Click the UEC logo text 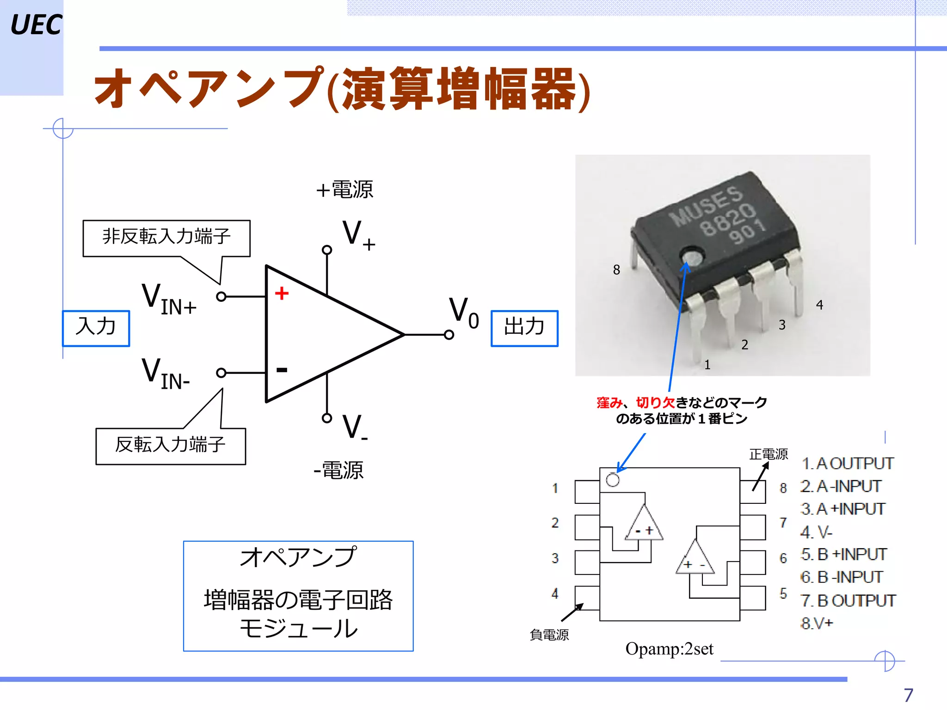(x=36, y=25)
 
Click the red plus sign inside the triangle (x=282, y=293)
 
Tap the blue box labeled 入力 (x=96, y=328)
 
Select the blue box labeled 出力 (x=524, y=328)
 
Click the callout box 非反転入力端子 (x=166, y=238)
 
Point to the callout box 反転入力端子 (x=171, y=446)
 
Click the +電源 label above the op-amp (x=345, y=190)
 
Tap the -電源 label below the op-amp (x=339, y=471)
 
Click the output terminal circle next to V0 (x=449, y=335)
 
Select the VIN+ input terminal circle (x=221, y=296)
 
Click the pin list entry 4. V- (x=816, y=532)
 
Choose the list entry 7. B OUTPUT (x=848, y=601)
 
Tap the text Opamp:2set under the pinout (x=669, y=649)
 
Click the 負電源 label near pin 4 (x=549, y=635)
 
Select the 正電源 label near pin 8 (x=769, y=454)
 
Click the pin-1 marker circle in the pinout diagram (x=613, y=480)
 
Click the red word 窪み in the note (x=609, y=403)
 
